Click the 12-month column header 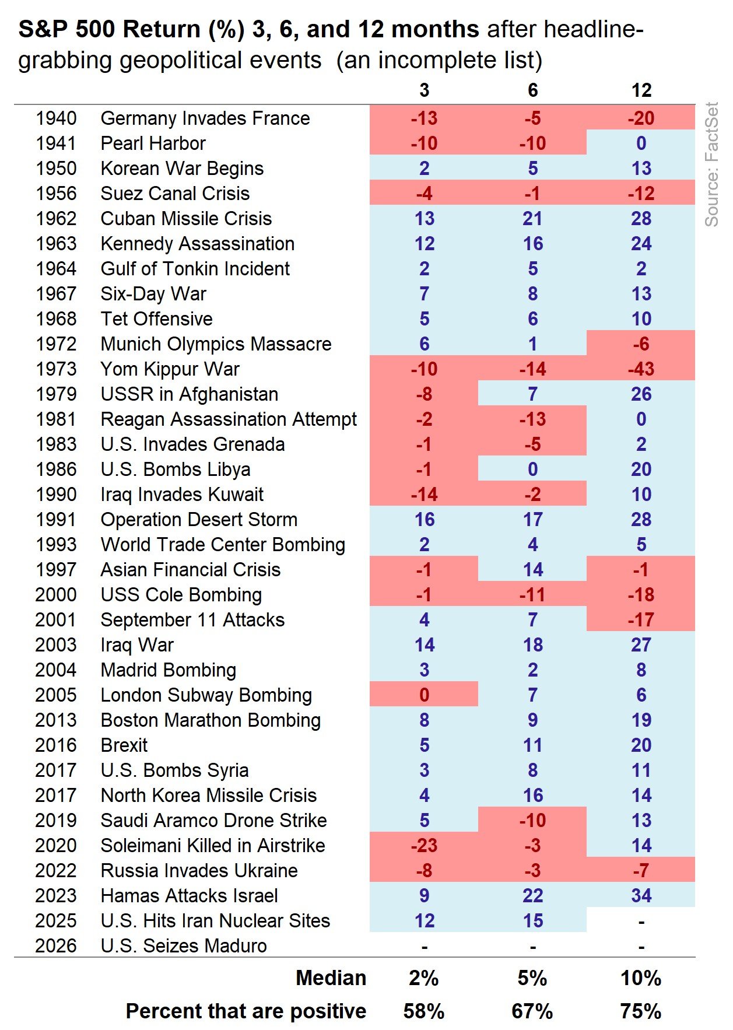(x=641, y=90)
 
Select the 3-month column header (x=424, y=90)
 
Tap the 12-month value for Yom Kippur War (x=641, y=369)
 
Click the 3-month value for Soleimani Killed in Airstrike (x=424, y=846)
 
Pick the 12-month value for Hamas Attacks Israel (x=641, y=896)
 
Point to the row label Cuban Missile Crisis (x=186, y=219)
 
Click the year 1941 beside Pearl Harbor (x=56, y=143)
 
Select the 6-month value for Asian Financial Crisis (x=532, y=570)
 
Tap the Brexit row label (x=124, y=745)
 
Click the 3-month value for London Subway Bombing (x=424, y=695)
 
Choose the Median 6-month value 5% (x=532, y=978)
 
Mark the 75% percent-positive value (x=641, y=1011)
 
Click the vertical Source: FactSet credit (x=712, y=164)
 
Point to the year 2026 (x=56, y=946)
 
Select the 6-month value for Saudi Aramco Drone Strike (x=532, y=821)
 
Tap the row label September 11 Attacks (x=192, y=620)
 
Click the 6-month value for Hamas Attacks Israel (x=532, y=896)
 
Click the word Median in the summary (x=331, y=978)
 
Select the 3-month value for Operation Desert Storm (x=424, y=520)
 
